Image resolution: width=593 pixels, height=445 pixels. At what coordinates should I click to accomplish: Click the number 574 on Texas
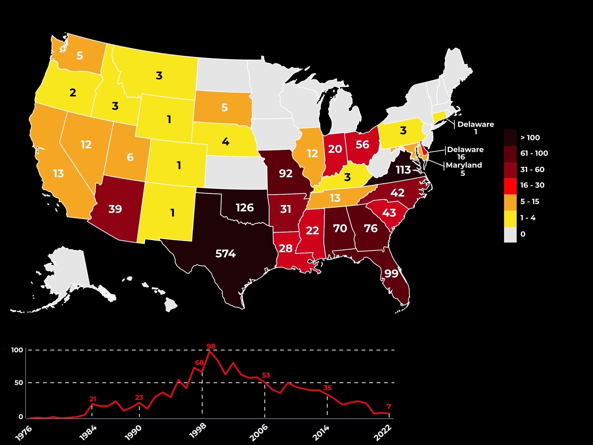225,253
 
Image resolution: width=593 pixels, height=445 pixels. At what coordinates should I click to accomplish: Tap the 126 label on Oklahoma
245,208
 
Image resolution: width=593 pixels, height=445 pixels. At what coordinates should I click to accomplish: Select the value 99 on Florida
391,273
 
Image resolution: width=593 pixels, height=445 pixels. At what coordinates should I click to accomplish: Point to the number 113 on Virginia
403,170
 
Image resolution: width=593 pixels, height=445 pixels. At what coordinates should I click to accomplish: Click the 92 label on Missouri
286,174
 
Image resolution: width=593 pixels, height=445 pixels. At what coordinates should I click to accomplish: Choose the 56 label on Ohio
362,145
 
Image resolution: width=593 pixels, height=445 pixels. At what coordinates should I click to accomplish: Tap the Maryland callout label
464,165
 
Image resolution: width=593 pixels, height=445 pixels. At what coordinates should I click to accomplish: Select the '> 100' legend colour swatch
510,138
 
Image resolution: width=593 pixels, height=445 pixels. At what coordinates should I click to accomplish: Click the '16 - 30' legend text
532,185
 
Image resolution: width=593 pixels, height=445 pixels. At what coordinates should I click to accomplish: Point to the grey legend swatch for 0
510,234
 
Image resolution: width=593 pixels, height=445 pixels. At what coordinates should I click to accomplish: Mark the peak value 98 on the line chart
211,346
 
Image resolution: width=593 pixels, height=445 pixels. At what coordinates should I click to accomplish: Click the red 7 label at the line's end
389,406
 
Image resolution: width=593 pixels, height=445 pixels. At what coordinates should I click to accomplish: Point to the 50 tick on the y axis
19,382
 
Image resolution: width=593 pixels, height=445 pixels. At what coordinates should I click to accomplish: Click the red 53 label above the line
265,375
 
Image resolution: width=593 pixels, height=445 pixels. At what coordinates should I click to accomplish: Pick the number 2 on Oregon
73,93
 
